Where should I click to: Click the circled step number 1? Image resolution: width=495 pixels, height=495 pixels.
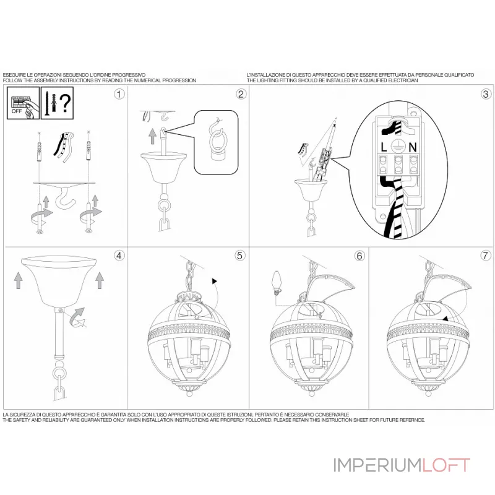pyautogui.click(x=119, y=94)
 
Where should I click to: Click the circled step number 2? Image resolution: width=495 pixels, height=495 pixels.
pyautogui.click(x=241, y=94)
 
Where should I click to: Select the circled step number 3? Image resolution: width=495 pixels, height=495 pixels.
pyautogui.click(x=486, y=94)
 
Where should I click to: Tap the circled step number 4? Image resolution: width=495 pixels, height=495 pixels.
pyautogui.click(x=119, y=255)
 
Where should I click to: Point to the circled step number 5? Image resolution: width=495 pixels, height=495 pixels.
pyautogui.click(x=240, y=255)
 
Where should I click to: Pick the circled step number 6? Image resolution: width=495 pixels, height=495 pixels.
pyautogui.click(x=359, y=255)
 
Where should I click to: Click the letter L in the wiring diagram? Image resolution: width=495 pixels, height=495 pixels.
pyautogui.click(x=384, y=148)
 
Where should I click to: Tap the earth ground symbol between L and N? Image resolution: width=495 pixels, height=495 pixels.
pyautogui.click(x=399, y=148)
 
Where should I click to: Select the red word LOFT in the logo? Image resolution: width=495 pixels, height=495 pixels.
pyautogui.click(x=446, y=465)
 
